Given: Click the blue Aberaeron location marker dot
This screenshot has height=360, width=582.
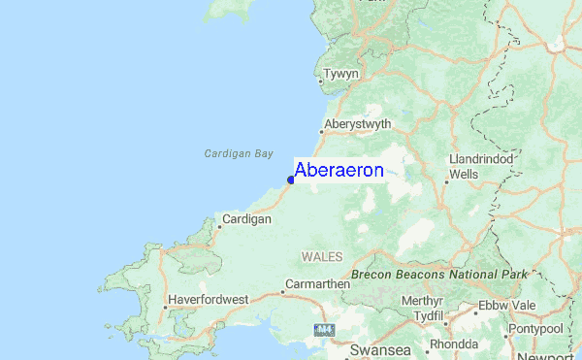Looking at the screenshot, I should [x=290, y=179].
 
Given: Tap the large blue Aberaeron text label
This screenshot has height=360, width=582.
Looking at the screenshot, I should [x=339, y=171].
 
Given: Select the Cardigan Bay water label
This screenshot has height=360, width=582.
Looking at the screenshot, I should [x=239, y=153].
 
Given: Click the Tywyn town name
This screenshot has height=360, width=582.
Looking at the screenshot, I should [x=341, y=75].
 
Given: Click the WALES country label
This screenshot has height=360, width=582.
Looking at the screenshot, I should [x=320, y=256].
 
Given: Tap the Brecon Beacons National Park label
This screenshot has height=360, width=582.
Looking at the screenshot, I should [x=439, y=275].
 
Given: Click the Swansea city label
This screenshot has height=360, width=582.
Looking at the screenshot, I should [x=380, y=348].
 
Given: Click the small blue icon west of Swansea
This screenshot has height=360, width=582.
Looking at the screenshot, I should [x=323, y=331].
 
